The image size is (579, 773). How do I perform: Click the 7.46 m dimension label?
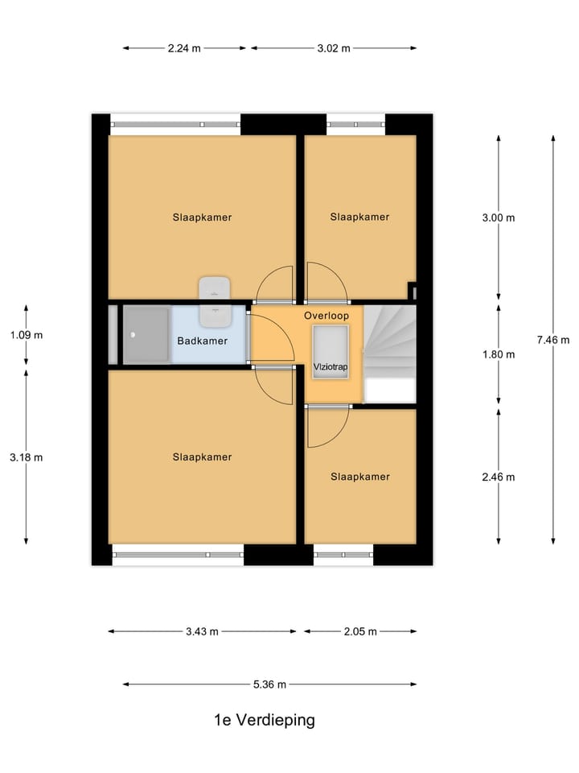coord(552,340)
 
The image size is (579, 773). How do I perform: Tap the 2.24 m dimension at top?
coord(184,48)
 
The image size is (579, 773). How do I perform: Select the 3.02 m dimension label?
coord(334,48)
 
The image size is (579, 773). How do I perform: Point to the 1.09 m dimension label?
coord(26,335)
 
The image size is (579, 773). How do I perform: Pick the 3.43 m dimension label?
coord(202,631)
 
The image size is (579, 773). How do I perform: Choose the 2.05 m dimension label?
coord(360,631)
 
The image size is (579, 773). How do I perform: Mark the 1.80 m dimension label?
coord(499,354)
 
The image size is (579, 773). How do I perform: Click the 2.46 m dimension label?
coord(499,477)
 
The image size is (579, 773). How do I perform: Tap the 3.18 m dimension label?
coord(26,457)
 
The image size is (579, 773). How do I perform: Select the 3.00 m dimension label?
coord(499,217)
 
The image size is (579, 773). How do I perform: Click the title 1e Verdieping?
coord(264,720)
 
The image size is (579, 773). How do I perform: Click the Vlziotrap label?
coord(331,367)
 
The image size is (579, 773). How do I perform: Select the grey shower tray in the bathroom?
coord(146,335)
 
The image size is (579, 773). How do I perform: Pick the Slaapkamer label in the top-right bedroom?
coord(359,217)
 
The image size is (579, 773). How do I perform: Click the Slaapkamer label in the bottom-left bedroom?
coord(202,457)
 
